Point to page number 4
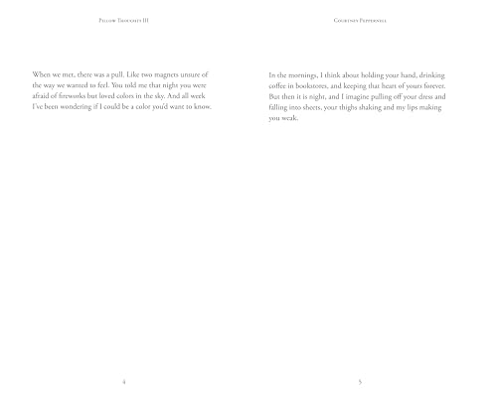(122, 380)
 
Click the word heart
(409, 86)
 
